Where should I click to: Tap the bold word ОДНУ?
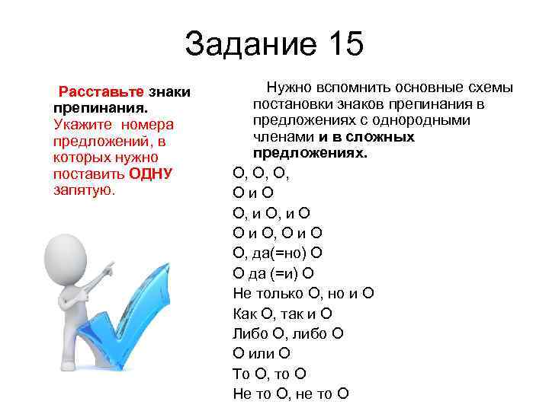point(152,174)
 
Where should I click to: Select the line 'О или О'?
point(262,353)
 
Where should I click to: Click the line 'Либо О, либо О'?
point(288,333)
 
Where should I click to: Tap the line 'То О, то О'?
point(269,373)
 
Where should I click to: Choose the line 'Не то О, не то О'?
point(291,393)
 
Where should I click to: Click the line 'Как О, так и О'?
point(283,314)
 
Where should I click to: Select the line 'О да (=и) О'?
point(274,273)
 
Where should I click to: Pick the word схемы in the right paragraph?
point(493,88)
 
